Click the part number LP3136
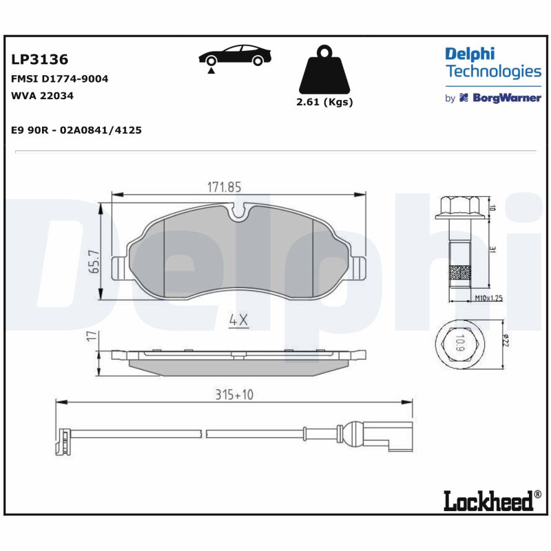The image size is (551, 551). coord(40,60)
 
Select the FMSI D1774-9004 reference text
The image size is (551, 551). coord(60,79)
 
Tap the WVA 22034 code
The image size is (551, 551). coord(43,96)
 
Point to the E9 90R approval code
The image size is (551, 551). coord(76,129)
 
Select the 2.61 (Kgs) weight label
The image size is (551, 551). coord(324,102)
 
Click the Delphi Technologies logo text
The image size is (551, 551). coord(492,63)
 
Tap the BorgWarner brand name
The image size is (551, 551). coord(506,98)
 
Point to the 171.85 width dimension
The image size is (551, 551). coord(225,187)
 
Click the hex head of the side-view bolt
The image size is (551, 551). coord(459,207)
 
